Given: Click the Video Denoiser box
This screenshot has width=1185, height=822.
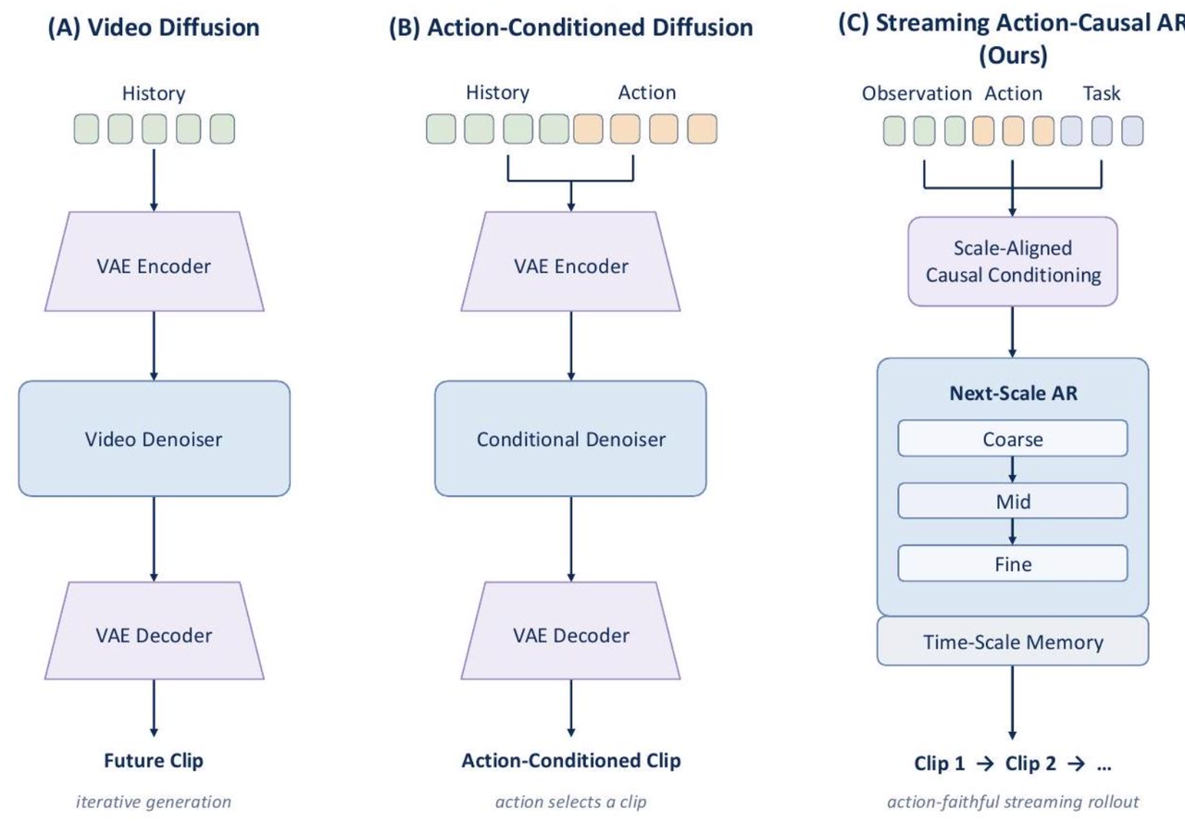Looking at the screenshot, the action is (154, 439).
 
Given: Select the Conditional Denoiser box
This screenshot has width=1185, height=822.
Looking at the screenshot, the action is (570, 439).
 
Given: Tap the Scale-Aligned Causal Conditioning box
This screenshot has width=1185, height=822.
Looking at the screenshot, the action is (1013, 261).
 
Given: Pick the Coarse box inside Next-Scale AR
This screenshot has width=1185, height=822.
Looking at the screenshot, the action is (1013, 439).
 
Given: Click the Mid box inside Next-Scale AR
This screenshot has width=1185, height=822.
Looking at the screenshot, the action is (1013, 501).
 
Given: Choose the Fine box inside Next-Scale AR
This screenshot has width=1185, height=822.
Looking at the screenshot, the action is (1013, 564).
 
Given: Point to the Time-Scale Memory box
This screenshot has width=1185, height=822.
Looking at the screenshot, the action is (1013, 641).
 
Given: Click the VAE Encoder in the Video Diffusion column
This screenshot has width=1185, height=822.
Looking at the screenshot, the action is (154, 261).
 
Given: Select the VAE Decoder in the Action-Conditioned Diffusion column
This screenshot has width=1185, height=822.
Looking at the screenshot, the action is (570, 630).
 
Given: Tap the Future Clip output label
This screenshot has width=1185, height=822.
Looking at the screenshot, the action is (154, 761).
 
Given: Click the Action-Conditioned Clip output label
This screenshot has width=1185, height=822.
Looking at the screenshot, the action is (571, 761).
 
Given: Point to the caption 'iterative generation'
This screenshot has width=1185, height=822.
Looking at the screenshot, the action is (154, 802).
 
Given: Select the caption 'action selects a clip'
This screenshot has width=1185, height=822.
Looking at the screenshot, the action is (571, 802).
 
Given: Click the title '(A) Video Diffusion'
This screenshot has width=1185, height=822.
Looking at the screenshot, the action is (154, 28).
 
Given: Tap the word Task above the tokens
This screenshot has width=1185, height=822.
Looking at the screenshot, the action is (1102, 93).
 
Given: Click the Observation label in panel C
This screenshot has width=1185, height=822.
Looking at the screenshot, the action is (917, 93).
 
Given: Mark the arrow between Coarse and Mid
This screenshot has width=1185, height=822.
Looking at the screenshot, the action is (1013, 469).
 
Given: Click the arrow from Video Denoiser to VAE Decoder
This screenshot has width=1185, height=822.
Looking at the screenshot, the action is (154, 539).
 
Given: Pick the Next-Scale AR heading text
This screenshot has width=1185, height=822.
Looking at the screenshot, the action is (1013, 393).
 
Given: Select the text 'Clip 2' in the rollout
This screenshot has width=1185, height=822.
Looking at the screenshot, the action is (1030, 764).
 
